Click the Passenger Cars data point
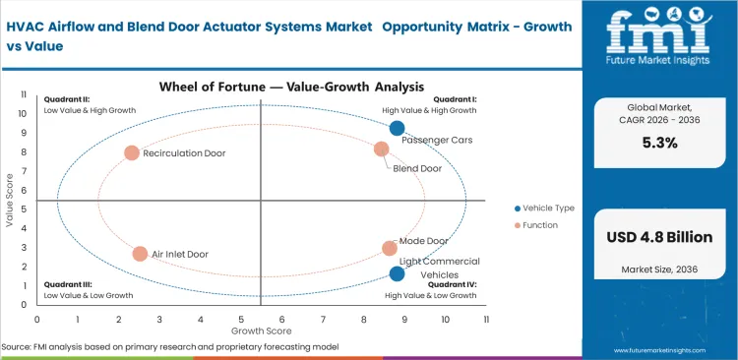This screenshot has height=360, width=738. click(397, 128)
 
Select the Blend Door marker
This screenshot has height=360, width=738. click(382, 149)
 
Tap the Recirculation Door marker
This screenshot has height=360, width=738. click(132, 152)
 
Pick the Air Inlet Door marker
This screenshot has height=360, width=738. click(140, 254)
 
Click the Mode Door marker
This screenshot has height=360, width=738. click(390, 249)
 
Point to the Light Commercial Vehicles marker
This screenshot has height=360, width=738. click(397, 274)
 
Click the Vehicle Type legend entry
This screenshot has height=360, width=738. click(546, 208)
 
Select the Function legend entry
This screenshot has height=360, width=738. click(539, 225)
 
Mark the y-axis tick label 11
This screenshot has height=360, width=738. click(25, 94)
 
